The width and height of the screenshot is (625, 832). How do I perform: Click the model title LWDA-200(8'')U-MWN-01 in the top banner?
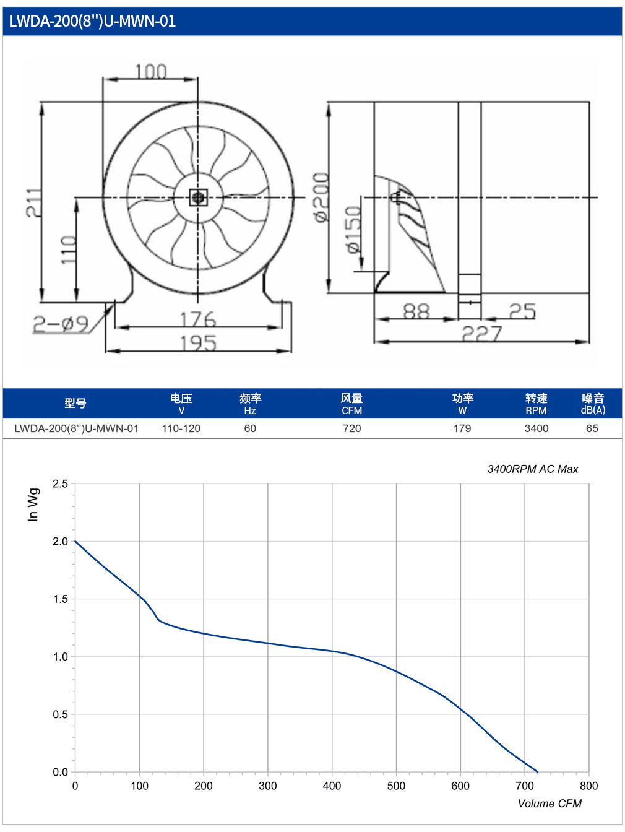92,21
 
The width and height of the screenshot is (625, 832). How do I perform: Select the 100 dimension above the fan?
151,72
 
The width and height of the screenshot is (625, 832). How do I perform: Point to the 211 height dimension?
34,202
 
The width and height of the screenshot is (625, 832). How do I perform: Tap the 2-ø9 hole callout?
61,324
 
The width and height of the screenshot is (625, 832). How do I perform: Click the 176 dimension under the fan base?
198,319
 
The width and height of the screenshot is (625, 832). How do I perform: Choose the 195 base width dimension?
198,344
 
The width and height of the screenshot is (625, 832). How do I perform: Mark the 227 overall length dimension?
482,334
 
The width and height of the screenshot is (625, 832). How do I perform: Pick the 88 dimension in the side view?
416,311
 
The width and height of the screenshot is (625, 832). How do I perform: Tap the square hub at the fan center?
198,197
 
